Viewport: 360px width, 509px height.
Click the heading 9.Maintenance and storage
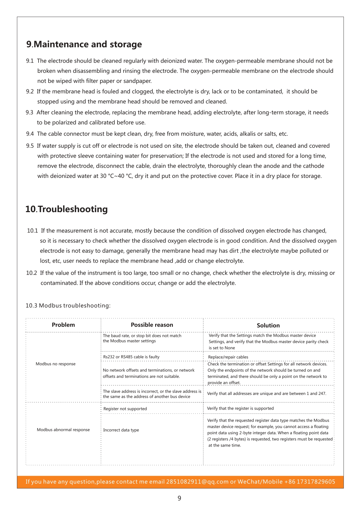(84, 44)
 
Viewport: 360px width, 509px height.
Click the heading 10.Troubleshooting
(67, 209)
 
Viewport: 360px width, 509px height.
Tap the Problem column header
(63, 325)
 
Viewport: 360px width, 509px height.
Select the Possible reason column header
(152, 325)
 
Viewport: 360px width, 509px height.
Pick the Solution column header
(268, 326)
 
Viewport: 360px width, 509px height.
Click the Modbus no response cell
(55, 364)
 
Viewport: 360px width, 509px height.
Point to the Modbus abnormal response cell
(63, 430)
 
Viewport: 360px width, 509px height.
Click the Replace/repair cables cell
(228, 357)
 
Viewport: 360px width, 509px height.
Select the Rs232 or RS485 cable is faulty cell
(131, 357)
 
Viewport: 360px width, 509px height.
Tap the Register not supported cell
(125, 409)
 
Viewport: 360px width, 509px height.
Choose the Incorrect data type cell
(121, 430)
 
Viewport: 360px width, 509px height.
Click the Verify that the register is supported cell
(240, 409)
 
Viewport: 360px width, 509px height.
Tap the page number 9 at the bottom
(179, 498)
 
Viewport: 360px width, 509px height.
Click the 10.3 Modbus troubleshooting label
(68, 306)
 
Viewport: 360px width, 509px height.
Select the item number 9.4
(30, 134)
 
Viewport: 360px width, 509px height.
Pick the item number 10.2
(31, 273)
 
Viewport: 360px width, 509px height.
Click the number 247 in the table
(321, 394)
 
